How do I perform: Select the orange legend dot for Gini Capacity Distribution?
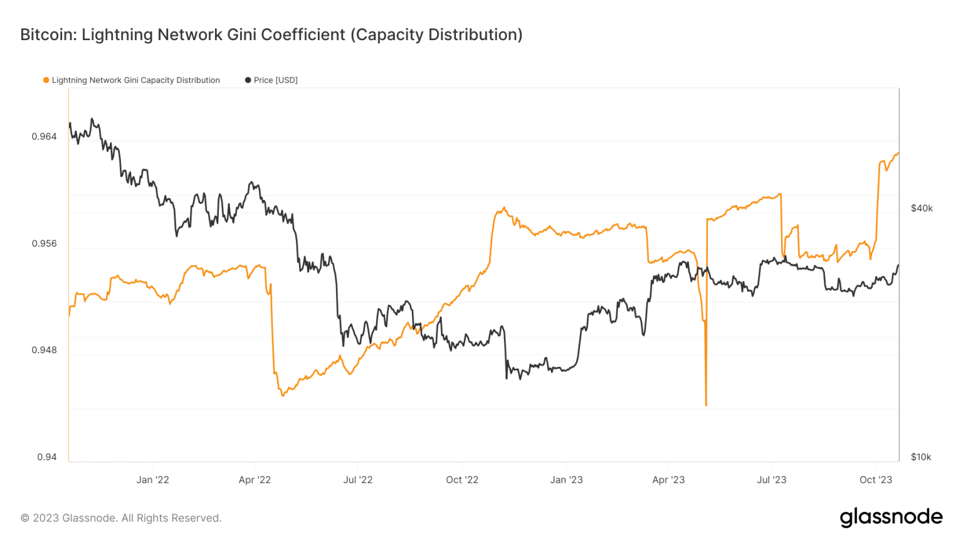[x=46, y=80]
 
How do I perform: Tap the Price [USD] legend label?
[x=275, y=80]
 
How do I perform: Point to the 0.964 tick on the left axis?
[x=44, y=137]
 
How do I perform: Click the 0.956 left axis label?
[x=44, y=243]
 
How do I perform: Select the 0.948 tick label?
[x=44, y=350]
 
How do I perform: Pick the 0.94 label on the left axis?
[x=46, y=457]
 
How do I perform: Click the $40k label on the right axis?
[x=922, y=208]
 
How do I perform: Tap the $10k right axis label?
[x=921, y=457]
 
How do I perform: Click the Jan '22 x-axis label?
[x=153, y=480]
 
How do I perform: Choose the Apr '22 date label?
[x=255, y=480]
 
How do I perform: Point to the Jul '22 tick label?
[x=358, y=480]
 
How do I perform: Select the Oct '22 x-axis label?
[x=462, y=480]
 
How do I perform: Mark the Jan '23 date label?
[x=566, y=480]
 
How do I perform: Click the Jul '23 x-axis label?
[x=771, y=480]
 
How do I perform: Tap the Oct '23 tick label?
[x=875, y=480]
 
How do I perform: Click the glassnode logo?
[x=891, y=518]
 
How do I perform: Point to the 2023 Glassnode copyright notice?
[x=121, y=518]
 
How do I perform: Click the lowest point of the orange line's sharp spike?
[x=706, y=405]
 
